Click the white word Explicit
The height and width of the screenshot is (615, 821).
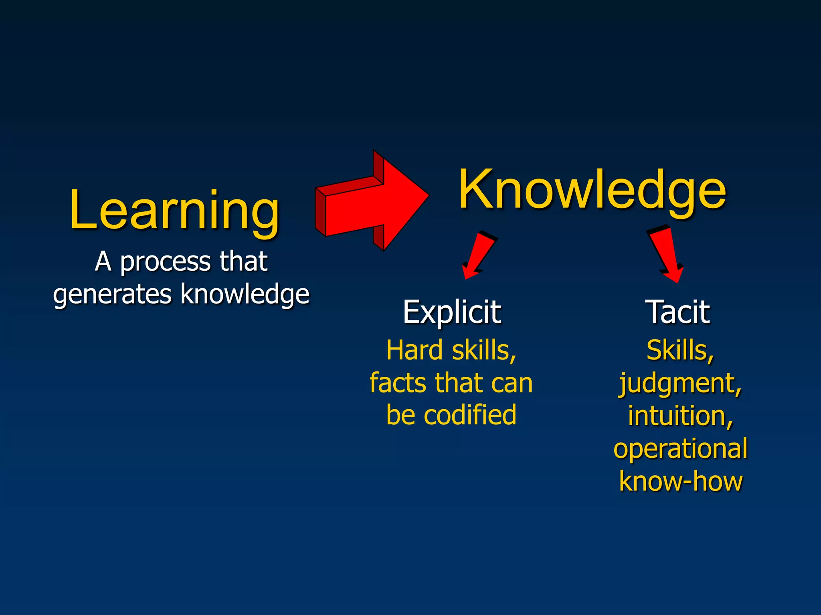click(x=452, y=312)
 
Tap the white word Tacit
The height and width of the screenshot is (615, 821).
click(x=678, y=312)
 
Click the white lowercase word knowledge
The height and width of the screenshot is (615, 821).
click(x=245, y=294)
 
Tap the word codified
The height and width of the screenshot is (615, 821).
click(x=470, y=415)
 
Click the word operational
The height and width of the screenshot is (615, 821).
click(x=680, y=449)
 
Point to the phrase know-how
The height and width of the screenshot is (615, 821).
click(x=680, y=482)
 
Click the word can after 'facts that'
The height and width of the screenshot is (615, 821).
click(x=511, y=383)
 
